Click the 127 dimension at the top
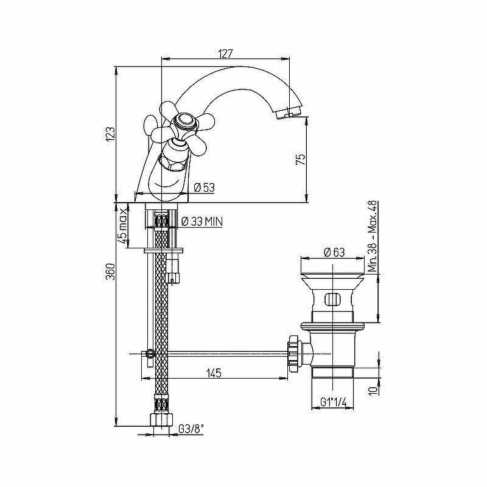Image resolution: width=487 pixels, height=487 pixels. pyautogui.click(x=225, y=54)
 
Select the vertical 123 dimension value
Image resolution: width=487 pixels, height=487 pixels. pyautogui.click(x=110, y=134)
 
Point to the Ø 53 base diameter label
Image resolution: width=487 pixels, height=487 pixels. pyautogui.click(x=205, y=188)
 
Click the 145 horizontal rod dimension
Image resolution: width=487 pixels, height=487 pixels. pyautogui.click(x=212, y=372)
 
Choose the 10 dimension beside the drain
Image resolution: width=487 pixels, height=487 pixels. pyautogui.click(x=372, y=390)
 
